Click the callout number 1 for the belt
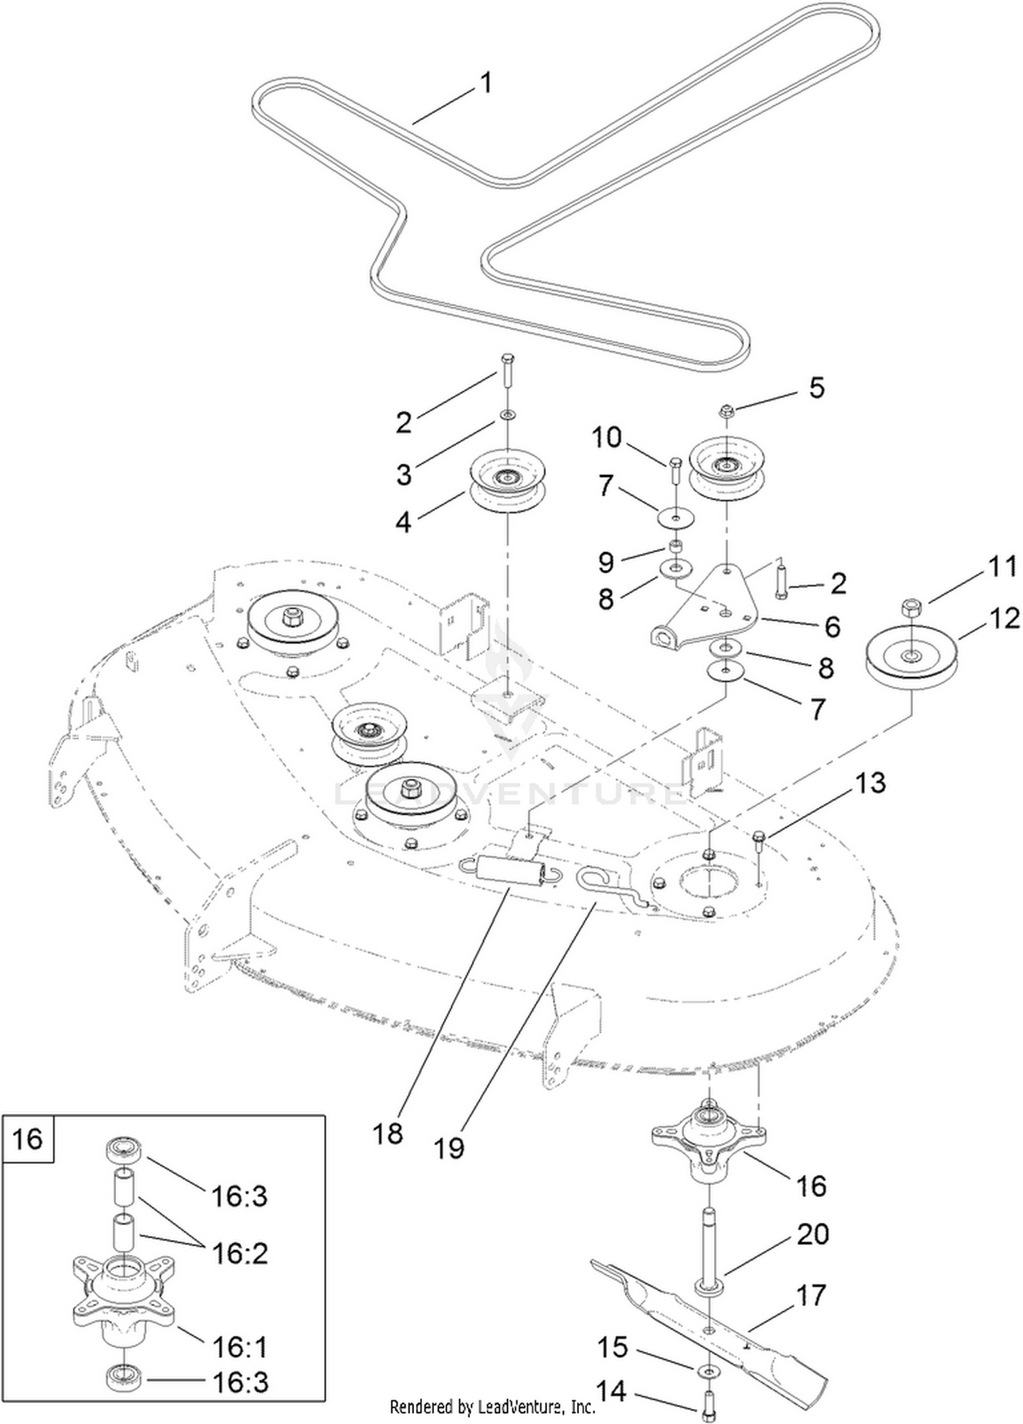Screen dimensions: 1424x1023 pyautogui.click(x=486, y=84)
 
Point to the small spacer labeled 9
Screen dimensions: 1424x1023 pyautogui.click(x=676, y=545)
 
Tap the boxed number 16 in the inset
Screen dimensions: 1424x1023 pyautogui.click(x=28, y=1139)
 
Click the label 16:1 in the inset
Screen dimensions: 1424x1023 pyautogui.click(x=239, y=1346)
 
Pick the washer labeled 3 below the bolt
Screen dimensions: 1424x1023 pyautogui.click(x=507, y=414)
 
